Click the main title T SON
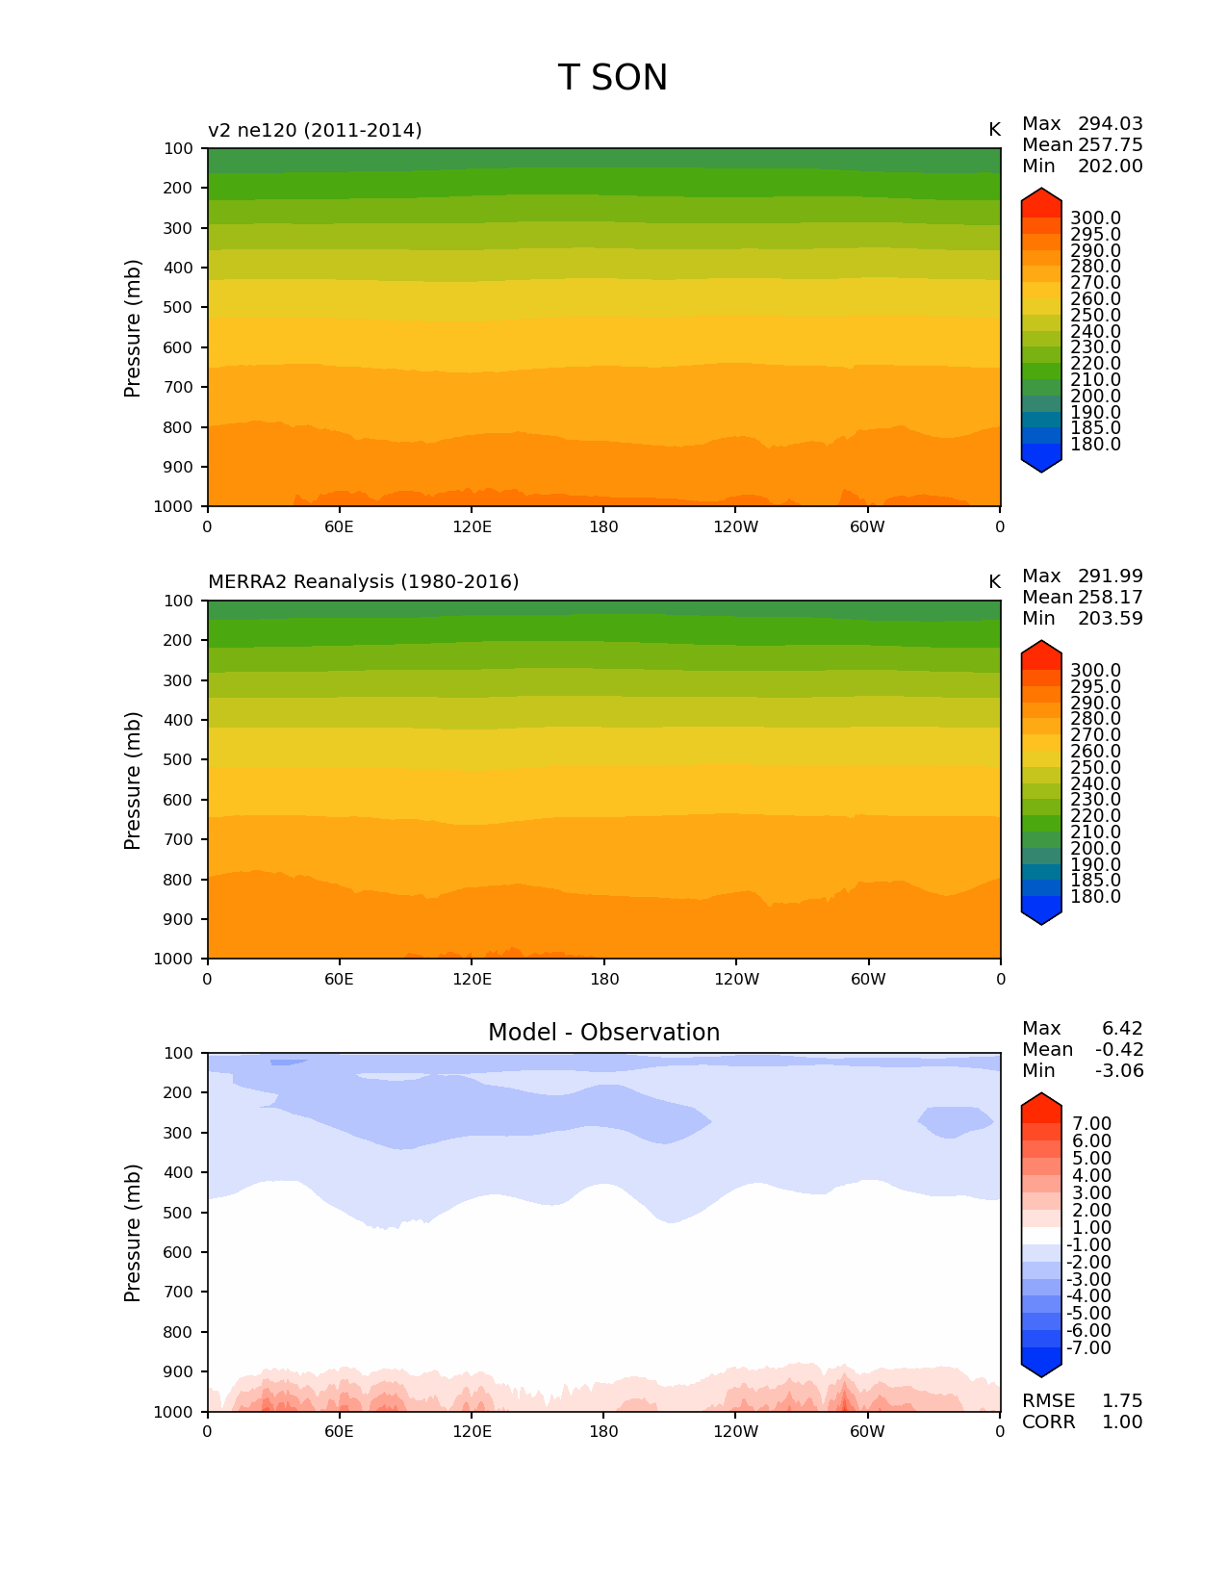pyautogui.click(x=612, y=78)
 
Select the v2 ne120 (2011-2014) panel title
pyautogui.click(x=315, y=130)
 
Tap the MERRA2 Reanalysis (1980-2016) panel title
pyautogui.click(x=363, y=582)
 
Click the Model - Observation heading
pyautogui.click(x=603, y=1033)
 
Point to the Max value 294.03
pyautogui.click(x=1110, y=124)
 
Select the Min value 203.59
pyautogui.click(x=1110, y=619)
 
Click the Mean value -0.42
pyautogui.click(x=1119, y=1050)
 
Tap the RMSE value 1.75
pyautogui.click(x=1122, y=1401)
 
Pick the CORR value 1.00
pyautogui.click(x=1122, y=1422)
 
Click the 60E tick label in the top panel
pyautogui.click(x=339, y=527)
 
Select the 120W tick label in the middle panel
pyautogui.click(x=736, y=980)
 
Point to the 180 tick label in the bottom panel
pyautogui.click(x=603, y=1432)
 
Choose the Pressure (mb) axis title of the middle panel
pyautogui.click(x=133, y=781)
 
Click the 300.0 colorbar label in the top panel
pyautogui.click(x=1095, y=218)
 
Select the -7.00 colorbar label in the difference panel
pyautogui.click(x=1088, y=1348)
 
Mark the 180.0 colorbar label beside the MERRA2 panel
pyautogui.click(x=1095, y=897)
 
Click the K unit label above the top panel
pyautogui.click(x=994, y=130)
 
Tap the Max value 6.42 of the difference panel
pyautogui.click(x=1122, y=1029)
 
